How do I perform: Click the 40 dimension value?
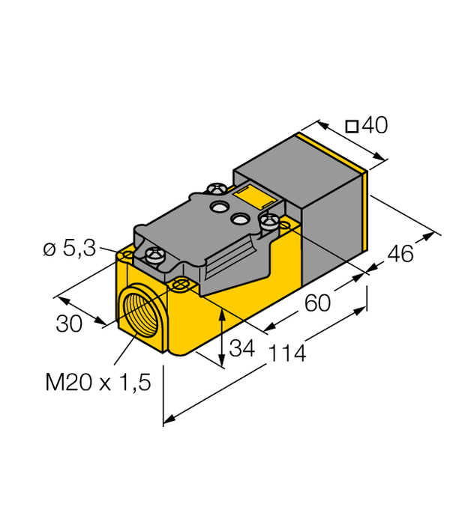[x=375, y=126]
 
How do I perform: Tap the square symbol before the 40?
[x=351, y=127]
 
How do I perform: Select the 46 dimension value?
[x=399, y=254]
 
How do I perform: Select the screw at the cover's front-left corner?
[x=155, y=255]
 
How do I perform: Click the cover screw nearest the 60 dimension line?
[x=268, y=221]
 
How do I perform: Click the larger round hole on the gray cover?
[x=220, y=205]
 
